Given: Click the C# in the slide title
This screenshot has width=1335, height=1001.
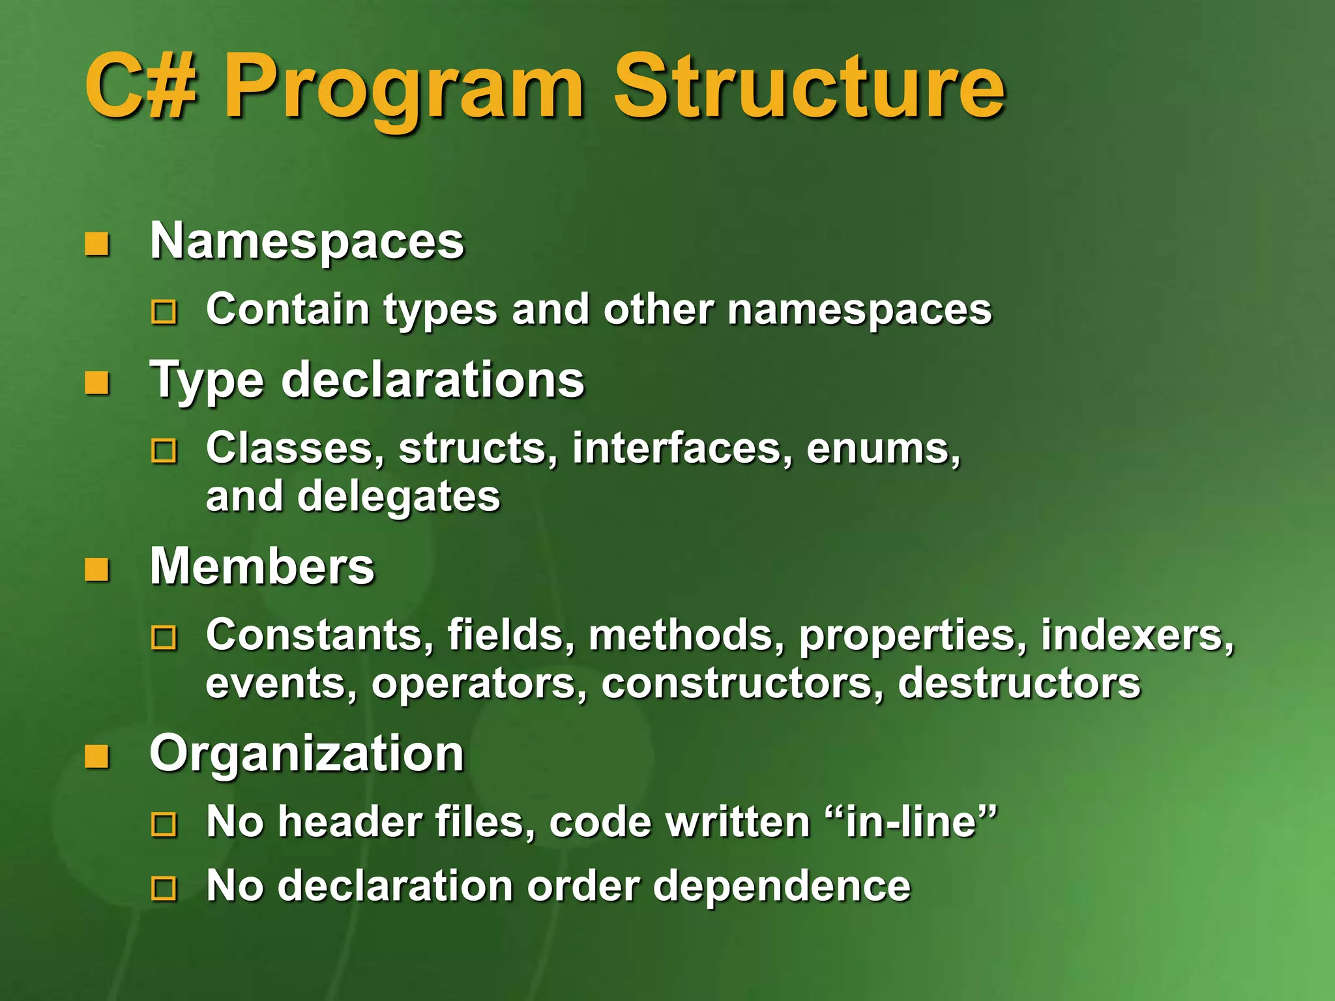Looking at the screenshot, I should pos(141,87).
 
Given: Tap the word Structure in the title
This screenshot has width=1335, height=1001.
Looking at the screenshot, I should pos(810,87).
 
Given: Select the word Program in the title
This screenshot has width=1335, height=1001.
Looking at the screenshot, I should pos(404,91).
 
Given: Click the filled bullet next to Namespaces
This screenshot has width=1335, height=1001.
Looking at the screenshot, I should pos(97,245).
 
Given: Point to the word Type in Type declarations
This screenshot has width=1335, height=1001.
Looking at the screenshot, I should pos(206,381).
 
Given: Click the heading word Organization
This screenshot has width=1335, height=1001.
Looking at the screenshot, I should pos(306,755).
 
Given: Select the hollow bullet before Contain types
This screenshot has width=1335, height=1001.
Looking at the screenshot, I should pos(164,312).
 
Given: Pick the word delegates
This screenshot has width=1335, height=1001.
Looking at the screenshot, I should pos(398,497).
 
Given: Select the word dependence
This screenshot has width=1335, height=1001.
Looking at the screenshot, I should pos(782,886).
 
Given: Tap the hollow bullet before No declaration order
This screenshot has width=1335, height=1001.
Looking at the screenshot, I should pos(164,888).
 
